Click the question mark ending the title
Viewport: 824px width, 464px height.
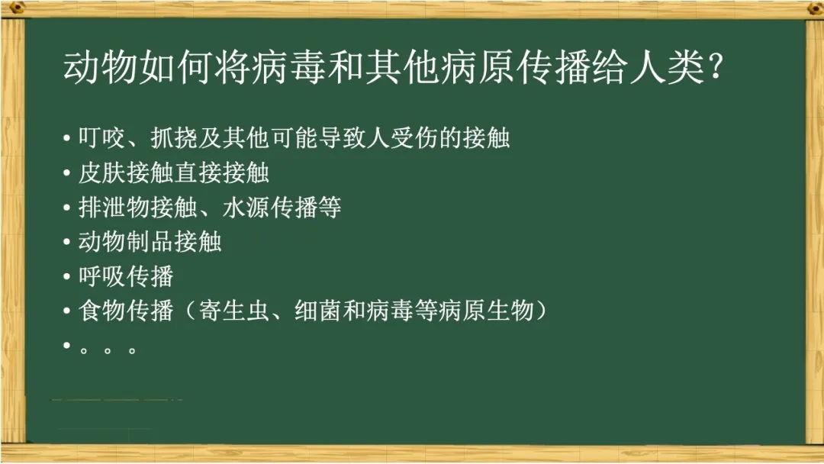point(715,68)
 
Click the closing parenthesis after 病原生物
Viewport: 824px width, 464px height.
point(540,311)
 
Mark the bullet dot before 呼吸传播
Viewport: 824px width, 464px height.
point(66,276)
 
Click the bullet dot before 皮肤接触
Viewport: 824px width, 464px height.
point(66,172)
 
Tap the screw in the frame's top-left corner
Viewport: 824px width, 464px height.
point(16,7)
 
